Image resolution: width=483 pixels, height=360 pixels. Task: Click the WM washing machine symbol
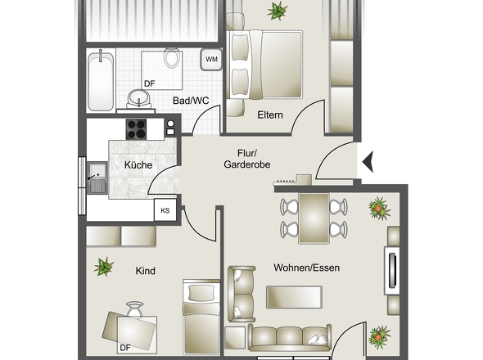coord(211,60)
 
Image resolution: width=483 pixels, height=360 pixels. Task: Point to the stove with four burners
coord(136,128)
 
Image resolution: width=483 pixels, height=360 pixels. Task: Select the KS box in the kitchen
coord(165,210)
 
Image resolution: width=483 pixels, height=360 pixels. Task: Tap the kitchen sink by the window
coord(98,178)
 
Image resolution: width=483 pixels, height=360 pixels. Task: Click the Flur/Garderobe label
coord(246,159)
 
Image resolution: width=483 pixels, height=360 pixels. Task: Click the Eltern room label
coord(269,115)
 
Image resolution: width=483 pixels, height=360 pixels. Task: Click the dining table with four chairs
coord(314,218)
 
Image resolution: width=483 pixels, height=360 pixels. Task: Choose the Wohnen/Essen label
coord(306,268)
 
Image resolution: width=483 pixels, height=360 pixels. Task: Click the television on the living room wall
coord(392,272)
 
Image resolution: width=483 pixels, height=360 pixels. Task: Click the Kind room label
coord(146,271)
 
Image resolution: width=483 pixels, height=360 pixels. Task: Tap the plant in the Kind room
coord(104,266)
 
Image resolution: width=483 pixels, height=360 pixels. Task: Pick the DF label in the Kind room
coord(125,348)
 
